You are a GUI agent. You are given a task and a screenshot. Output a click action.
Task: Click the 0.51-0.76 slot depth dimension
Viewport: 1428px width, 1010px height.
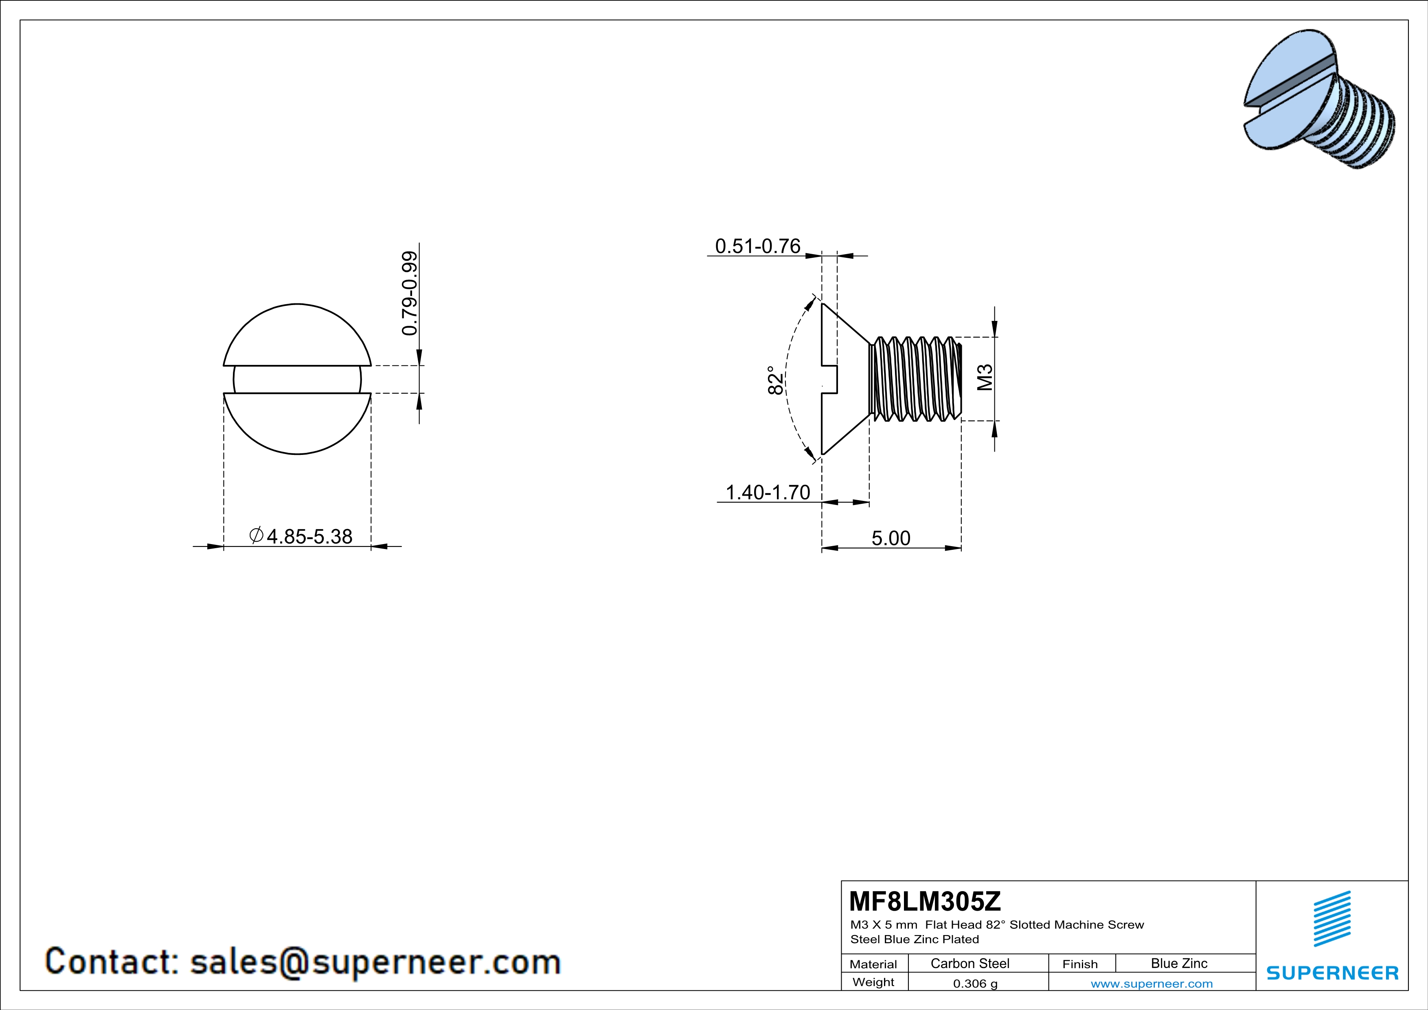[x=757, y=246]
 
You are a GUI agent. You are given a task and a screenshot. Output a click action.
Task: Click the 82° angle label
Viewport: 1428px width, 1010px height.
[x=775, y=380]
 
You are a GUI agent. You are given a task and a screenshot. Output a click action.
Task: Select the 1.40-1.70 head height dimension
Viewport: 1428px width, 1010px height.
[x=768, y=492]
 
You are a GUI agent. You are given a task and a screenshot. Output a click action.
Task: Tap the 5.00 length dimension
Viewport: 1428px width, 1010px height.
[x=891, y=538]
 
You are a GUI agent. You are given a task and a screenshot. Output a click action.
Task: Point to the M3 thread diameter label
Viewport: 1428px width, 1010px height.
[x=985, y=378]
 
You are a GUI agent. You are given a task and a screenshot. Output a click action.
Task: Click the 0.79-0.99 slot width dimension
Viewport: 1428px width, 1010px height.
[x=409, y=293]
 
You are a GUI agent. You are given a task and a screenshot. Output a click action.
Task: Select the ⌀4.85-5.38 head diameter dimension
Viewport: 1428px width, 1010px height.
[x=301, y=536]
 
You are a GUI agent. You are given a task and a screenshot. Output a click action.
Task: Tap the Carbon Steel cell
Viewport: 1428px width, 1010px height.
[x=969, y=963]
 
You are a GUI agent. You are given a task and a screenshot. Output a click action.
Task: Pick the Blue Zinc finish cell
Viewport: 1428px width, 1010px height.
[x=1178, y=963]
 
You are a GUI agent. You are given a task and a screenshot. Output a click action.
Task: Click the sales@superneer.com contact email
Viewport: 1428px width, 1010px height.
[x=375, y=962]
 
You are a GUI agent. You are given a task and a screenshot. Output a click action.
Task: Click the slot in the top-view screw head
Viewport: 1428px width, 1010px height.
[x=297, y=380]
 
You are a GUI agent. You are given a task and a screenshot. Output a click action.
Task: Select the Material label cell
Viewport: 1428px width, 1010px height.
[x=873, y=964]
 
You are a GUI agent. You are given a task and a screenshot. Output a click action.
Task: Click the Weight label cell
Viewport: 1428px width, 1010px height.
[x=873, y=982]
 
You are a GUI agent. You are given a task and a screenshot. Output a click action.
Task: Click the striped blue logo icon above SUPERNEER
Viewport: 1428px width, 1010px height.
[x=1331, y=919]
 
